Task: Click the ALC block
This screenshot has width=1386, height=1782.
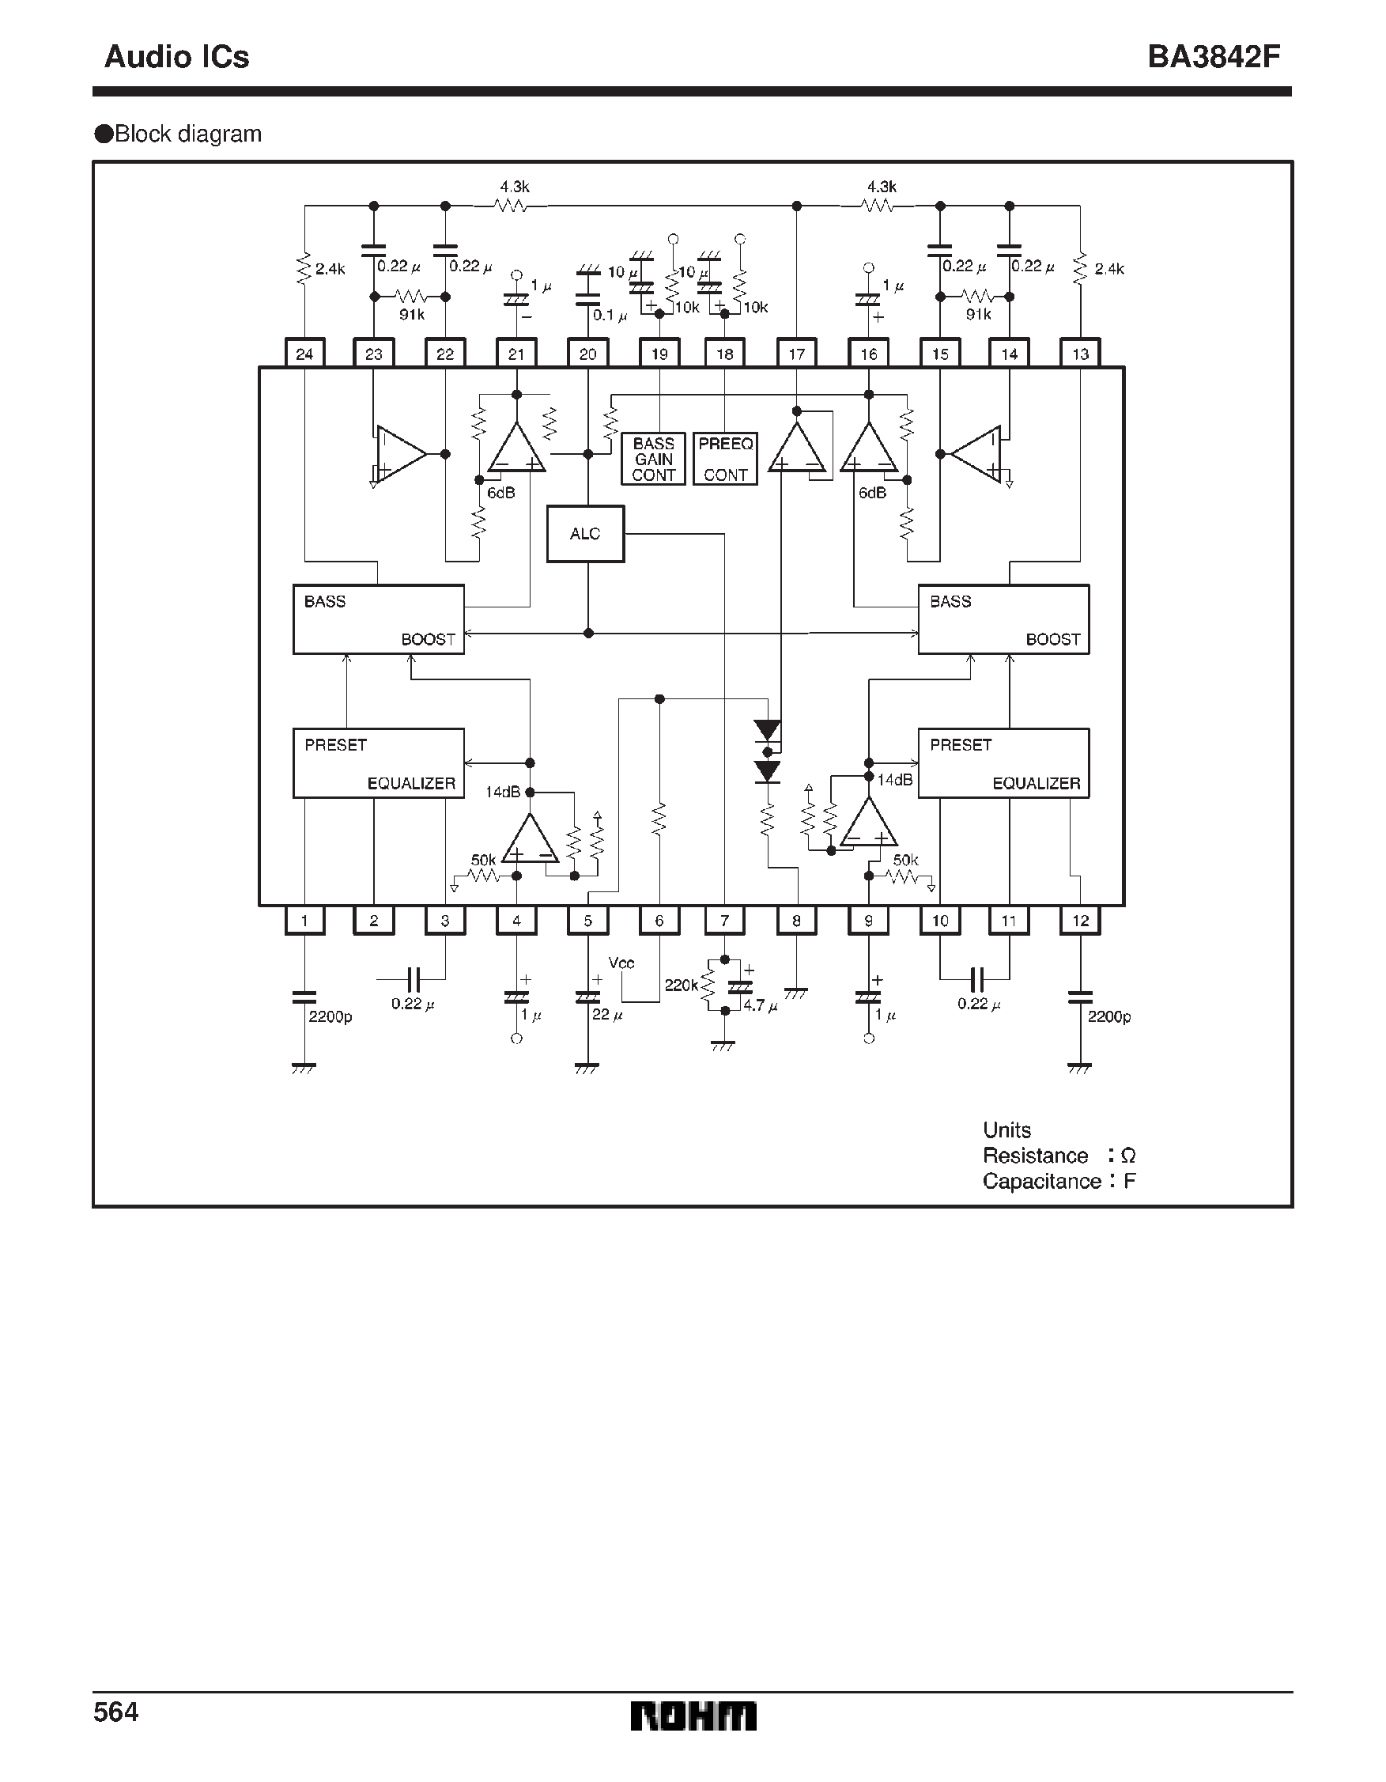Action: click(x=585, y=534)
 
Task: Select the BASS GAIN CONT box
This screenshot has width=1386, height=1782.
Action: click(x=652, y=459)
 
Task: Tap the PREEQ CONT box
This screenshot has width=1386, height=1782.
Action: click(x=725, y=459)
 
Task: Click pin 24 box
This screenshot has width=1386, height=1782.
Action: click(x=304, y=354)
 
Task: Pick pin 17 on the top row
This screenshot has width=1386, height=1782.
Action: click(x=796, y=354)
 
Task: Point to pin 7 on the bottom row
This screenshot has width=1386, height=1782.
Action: click(x=724, y=921)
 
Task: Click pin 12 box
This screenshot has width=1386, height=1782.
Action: click(x=1080, y=921)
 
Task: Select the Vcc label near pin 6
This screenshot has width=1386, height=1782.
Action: click(x=621, y=963)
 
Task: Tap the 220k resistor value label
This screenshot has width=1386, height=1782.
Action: click(x=681, y=985)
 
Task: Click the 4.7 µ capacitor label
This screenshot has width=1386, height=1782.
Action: click(x=760, y=1005)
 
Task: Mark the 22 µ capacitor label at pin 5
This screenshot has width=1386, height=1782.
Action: click(x=607, y=1014)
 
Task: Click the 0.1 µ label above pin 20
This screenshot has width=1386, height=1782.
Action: click(x=610, y=315)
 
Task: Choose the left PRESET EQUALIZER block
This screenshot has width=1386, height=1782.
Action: click(x=379, y=763)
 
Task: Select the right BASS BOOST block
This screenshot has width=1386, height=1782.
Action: click(x=1003, y=619)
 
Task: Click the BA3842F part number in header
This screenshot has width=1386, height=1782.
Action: click(x=1213, y=56)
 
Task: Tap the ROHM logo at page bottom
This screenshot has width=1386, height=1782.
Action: click(x=693, y=1716)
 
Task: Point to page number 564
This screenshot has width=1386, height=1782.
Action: click(x=116, y=1711)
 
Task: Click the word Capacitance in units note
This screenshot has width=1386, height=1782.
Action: click(x=1042, y=1181)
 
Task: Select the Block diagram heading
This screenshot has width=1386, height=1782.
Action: click(x=187, y=134)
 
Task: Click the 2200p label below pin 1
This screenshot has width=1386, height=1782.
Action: click(x=330, y=1016)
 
